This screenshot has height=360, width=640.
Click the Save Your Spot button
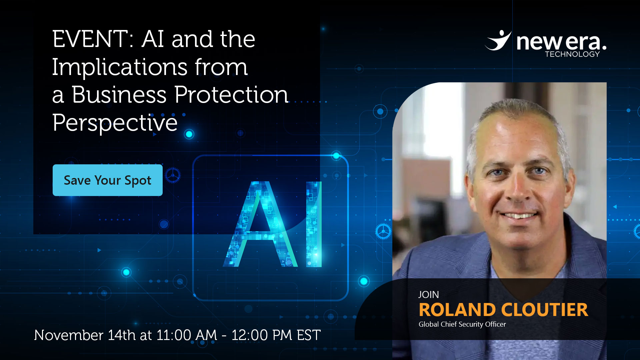pos(108,180)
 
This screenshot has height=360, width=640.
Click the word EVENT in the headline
pos(90,39)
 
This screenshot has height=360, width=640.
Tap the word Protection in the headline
pos(231,95)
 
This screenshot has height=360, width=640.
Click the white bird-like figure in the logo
pos(498,40)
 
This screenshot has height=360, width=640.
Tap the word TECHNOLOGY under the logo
pos(572,54)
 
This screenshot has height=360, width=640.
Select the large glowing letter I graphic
pos(314,224)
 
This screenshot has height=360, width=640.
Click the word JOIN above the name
pos(429,295)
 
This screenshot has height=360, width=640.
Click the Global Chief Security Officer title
pos(462,324)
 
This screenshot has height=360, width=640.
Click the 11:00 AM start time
pos(187,335)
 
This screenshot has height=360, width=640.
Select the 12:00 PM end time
pos(262,335)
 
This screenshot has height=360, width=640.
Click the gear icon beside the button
pos(173,175)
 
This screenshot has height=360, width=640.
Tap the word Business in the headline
pos(119,95)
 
